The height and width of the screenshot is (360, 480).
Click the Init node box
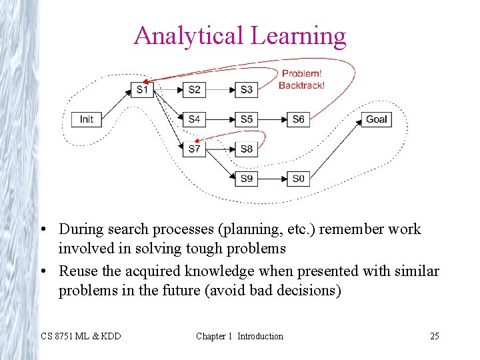coord(87,119)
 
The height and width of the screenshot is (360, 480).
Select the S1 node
coord(142,89)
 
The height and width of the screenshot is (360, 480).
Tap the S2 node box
coord(194,89)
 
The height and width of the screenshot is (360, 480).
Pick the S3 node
coord(246,89)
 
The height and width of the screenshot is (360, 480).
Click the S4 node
coord(194,119)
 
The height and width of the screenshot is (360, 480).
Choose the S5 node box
coord(246,119)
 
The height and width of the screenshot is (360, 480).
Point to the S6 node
coord(298,119)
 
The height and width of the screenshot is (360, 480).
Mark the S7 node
coord(194,149)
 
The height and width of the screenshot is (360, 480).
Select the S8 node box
coord(246,149)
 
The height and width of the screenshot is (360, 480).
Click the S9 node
coord(246,179)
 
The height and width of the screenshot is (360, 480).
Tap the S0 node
coord(298,179)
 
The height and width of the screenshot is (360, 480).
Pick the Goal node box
coord(376,119)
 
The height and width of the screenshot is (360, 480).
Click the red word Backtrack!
coord(301,85)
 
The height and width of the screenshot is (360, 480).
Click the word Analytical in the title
coord(189,35)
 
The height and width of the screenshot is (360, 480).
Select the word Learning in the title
coord(299,35)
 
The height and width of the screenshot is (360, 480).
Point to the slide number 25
coord(434,336)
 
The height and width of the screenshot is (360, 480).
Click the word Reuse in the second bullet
coord(77,271)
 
